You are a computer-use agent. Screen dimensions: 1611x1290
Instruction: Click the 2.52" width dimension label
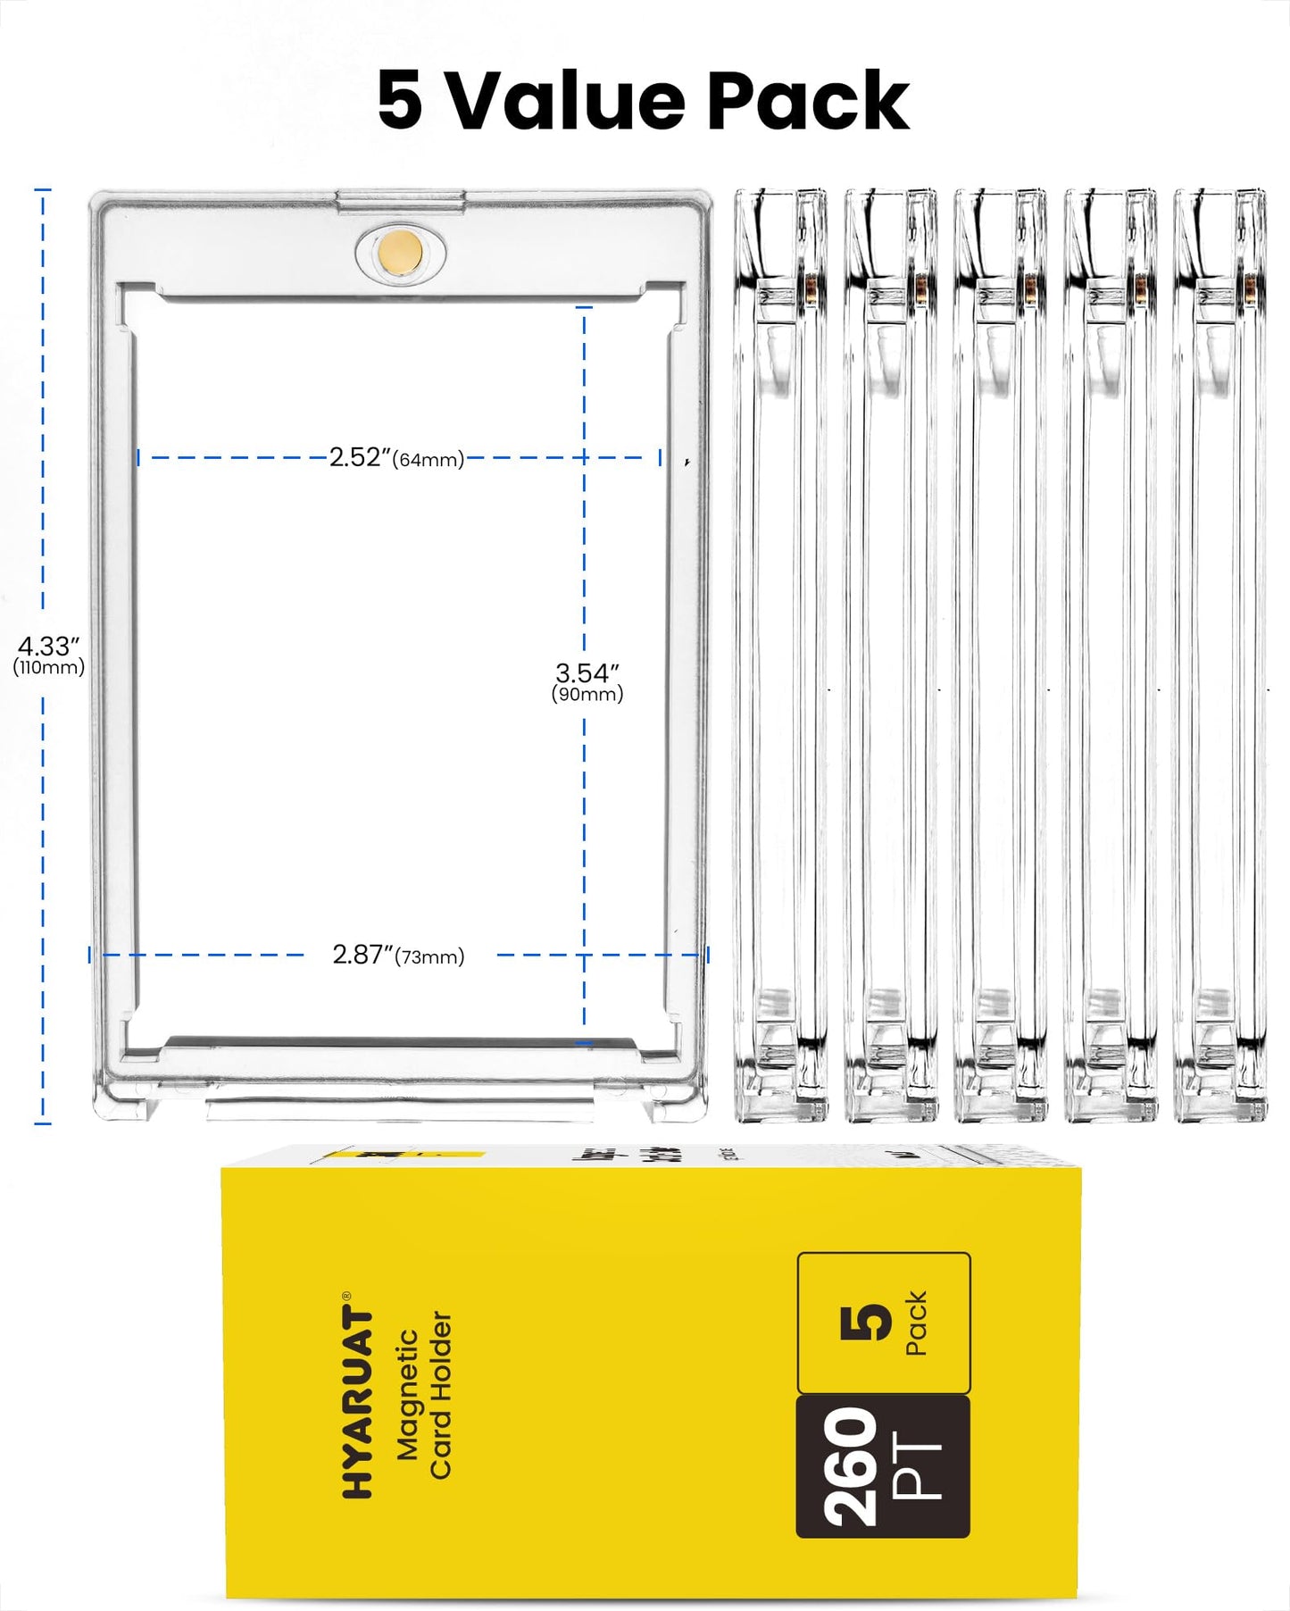click(x=360, y=457)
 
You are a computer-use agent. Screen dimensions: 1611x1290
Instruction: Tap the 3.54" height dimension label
click(x=587, y=672)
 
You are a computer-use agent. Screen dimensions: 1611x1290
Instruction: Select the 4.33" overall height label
click(x=49, y=645)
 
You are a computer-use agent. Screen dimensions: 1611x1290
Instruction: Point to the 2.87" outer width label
click(x=362, y=955)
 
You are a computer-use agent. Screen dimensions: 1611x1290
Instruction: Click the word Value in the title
click(x=564, y=101)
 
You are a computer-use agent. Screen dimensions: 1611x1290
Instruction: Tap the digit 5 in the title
click(x=399, y=101)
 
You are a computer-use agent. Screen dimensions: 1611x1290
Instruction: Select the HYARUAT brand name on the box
click(x=358, y=1402)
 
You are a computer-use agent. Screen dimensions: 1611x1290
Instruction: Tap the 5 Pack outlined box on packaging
click(x=883, y=1323)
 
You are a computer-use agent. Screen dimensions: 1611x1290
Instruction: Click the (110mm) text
click(x=49, y=667)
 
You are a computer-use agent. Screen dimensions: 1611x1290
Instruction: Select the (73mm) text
click(x=430, y=958)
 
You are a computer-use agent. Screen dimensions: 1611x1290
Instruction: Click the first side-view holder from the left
click(x=779, y=655)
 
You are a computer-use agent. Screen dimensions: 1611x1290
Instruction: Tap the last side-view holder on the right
click(x=1219, y=655)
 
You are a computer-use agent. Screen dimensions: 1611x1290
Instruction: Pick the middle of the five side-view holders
click(x=1000, y=655)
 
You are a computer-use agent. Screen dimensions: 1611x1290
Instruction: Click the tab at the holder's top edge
click(x=400, y=200)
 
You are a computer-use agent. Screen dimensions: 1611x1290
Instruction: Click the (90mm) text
click(x=587, y=694)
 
